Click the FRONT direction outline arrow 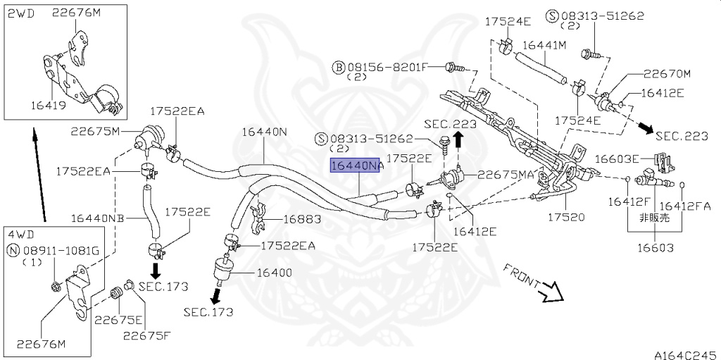tap(550, 291)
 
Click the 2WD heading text tap(22, 13)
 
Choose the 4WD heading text tap(21, 235)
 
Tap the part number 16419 tap(49, 105)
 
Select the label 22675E tap(113, 321)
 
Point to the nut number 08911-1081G tap(59, 251)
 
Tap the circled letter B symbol tap(339, 68)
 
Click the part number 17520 tap(566, 216)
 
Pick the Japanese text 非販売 tap(655, 218)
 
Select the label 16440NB tap(97, 218)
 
